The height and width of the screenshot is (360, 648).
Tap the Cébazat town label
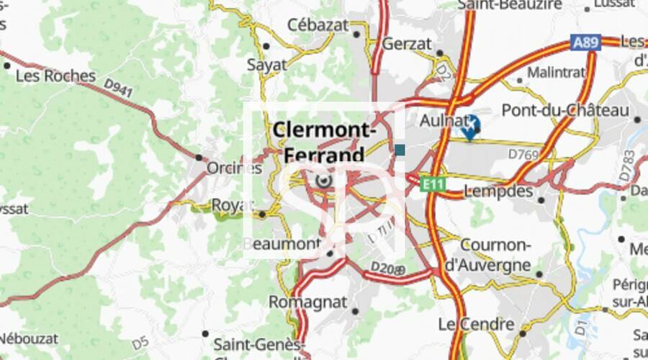318,24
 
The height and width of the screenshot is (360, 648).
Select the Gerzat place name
406,43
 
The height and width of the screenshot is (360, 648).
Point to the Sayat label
266,65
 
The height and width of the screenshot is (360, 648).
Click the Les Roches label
55,76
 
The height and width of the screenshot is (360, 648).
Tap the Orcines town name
234,168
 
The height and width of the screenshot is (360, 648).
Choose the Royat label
233,206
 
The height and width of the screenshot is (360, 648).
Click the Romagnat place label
308,302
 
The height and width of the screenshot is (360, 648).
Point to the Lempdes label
499,192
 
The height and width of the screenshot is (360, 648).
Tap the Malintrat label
557,73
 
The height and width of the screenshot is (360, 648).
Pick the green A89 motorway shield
585,42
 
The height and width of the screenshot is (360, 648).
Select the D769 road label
523,154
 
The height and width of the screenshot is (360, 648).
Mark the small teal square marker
400,150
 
